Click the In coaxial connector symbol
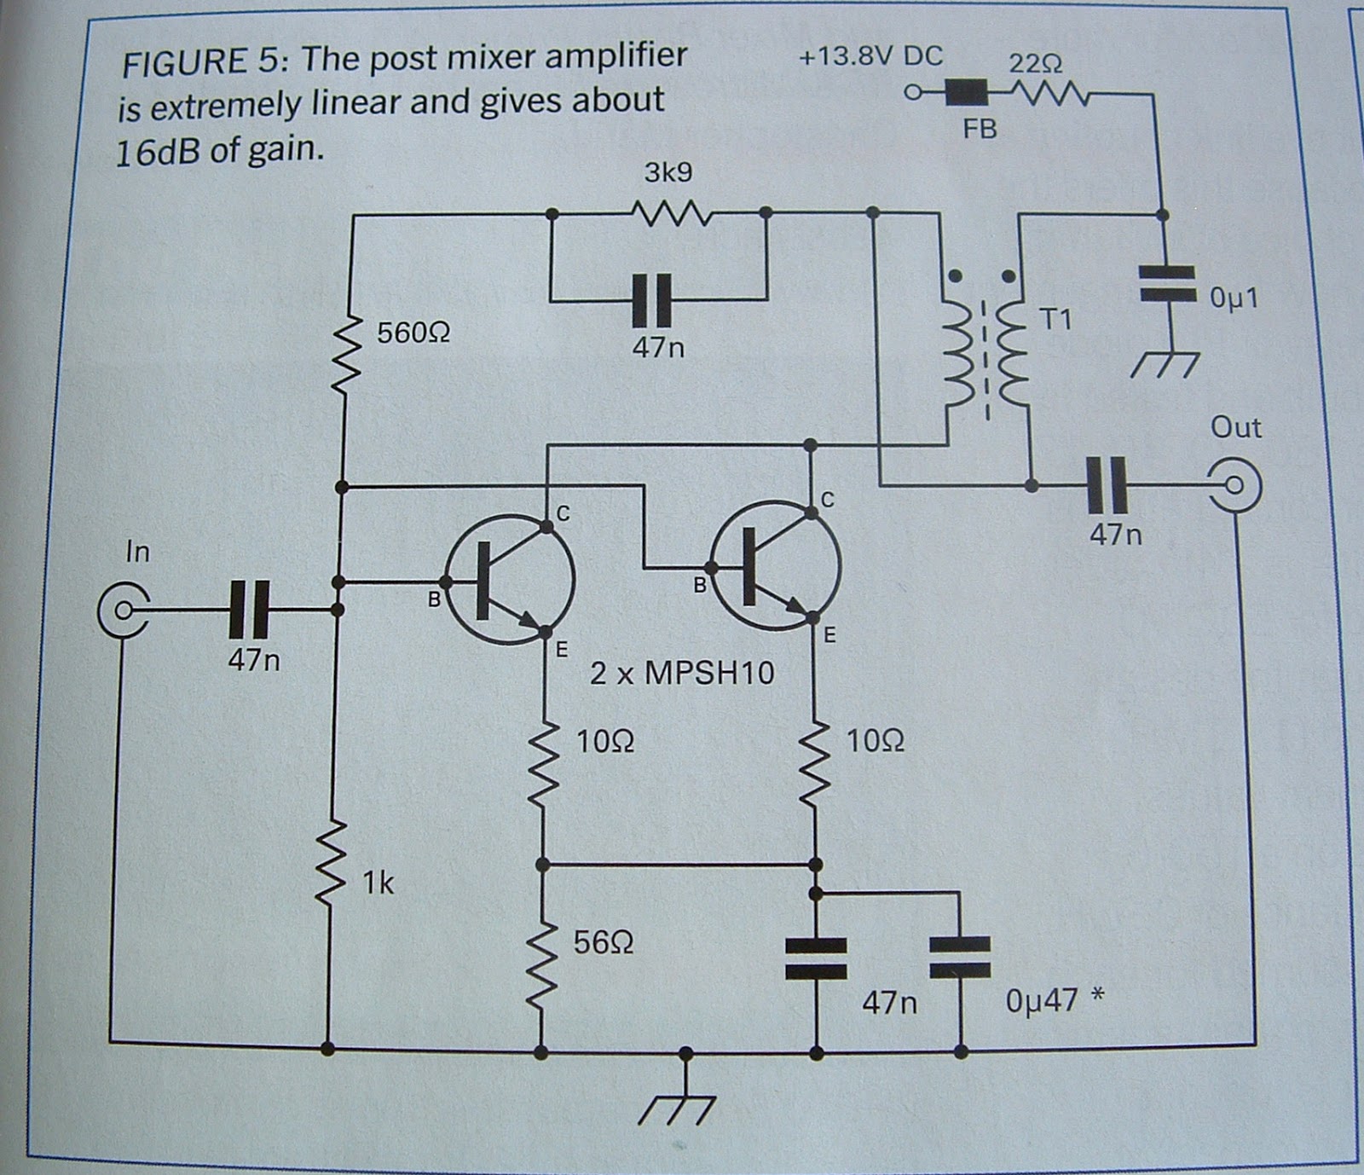coord(123,611)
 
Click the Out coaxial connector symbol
coord(1232,487)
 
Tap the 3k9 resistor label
coord(668,173)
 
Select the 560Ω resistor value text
coord(413,333)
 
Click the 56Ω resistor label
coord(603,942)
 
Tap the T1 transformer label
coord(1056,320)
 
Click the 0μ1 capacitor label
coord(1234,298)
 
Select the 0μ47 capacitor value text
coord(1042,1000)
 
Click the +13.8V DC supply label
coord(870,57)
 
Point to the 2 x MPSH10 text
coord(682,674)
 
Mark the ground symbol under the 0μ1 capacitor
coord(1165,362)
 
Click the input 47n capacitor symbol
coord(250,610)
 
